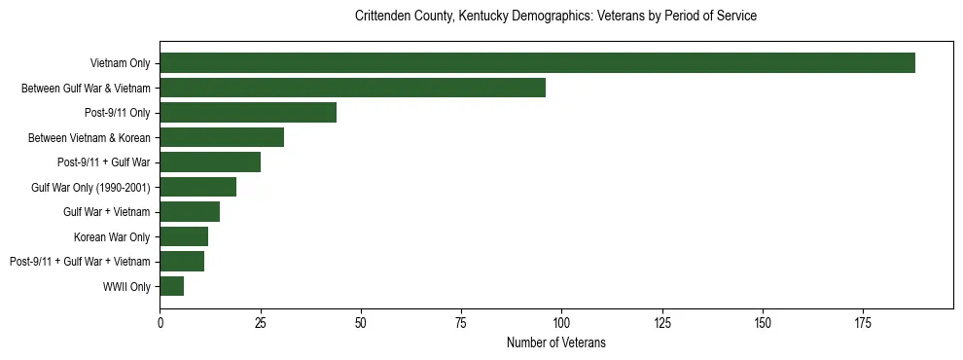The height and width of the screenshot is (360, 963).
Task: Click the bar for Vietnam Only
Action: pyautogui.click(x=537, y=63)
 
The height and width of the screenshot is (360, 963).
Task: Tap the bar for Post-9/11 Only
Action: pyautogui.click(x=248, y=113)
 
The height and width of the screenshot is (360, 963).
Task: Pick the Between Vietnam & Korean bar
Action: pyautogui.click(x=222, y=137)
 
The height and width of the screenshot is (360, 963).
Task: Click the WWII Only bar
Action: pyautogui.click(x=172, y=286)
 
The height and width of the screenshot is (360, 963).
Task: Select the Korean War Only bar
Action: pyautogui.click(x=184, y=236)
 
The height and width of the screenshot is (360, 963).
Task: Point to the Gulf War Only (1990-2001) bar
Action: pyautogui.click(x=198, y=187)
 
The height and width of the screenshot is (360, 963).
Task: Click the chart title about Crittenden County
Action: pyautogui.click(x=556, y=17)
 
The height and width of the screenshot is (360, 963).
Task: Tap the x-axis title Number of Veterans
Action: pyautogui.click(x=556, y=342)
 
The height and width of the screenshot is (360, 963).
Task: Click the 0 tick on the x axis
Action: pyautogui.click(x=160, y=322)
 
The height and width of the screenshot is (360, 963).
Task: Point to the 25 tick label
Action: pyautogui.click(x=261, y=322)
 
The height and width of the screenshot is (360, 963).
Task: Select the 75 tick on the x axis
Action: pyautogui.click(x=461, y=322)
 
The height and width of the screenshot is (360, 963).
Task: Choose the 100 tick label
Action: pyautogui.click(x=561, y=322)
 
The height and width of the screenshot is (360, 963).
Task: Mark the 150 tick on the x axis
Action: pyautogui.click(x=763, y=322)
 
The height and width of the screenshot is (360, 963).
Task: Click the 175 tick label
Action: pyautogui.click(x=863, y=322)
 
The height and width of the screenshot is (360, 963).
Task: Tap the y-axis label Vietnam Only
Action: pyautogui.click(x=120, y=63)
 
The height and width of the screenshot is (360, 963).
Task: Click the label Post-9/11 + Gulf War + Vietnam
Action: pyautogui.click(x=80, y=262)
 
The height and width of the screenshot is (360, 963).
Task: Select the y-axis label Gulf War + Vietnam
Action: pyautogui.click(x=107, y=212)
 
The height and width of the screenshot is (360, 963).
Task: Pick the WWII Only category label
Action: pyautogui.click(x=126, y=286)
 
